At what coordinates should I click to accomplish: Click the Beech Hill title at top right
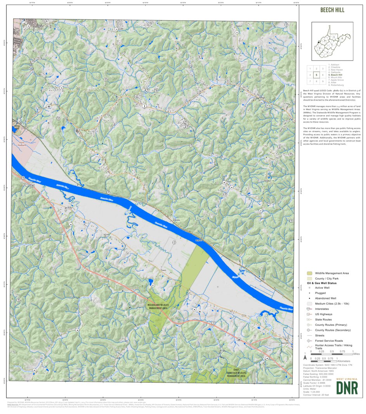click(x=332, y=10)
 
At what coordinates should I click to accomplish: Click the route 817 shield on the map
click(x=67, y=209)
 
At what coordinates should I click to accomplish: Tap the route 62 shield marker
click(x=49, y=106)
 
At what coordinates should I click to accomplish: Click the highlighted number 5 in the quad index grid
click(x=317, y=75)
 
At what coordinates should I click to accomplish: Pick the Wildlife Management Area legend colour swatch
click(x=309, y=273)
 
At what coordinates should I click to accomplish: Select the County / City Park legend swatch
click(x=309, y=278)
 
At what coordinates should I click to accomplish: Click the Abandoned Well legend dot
click(x=309, y=298)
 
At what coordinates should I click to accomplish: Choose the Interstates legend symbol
click(x=309, y=309)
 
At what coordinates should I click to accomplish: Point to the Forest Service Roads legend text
click(x=326, y=341)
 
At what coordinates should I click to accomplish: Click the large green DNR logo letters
click(x=347, y=387)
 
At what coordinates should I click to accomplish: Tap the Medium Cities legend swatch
click(x=309, y=303)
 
